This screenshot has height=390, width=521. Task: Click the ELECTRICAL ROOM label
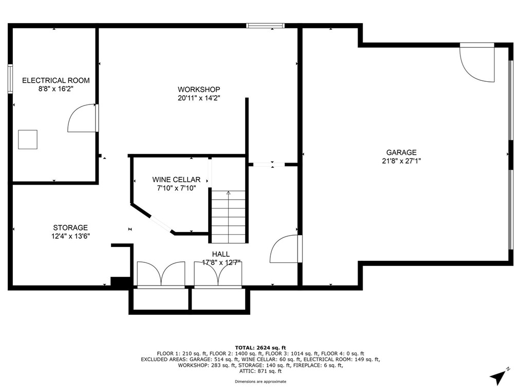pos(56,80)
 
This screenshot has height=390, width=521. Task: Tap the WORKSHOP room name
pos(199,89)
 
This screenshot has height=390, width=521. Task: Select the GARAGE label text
pos(401,152)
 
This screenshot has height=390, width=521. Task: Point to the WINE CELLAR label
pos(176,180)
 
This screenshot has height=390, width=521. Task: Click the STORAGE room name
pos(70,227)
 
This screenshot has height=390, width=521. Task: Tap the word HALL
pos(220,254)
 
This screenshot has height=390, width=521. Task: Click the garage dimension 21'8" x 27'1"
pos(401,161)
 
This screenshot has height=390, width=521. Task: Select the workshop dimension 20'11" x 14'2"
pos(199,98)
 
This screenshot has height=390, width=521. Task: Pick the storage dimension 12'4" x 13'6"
pos(70,236)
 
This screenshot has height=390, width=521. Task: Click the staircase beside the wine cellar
pos(229,217)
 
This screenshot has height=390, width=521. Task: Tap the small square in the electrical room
pos(28,139)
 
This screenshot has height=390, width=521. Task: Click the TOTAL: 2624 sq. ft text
pos(260,348)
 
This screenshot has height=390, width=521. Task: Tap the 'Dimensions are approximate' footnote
pos(260,382)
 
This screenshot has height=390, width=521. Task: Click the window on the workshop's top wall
pos(266,25)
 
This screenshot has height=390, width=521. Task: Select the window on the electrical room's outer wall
pos(10,79)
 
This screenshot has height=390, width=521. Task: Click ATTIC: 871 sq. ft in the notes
pos(260,370)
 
